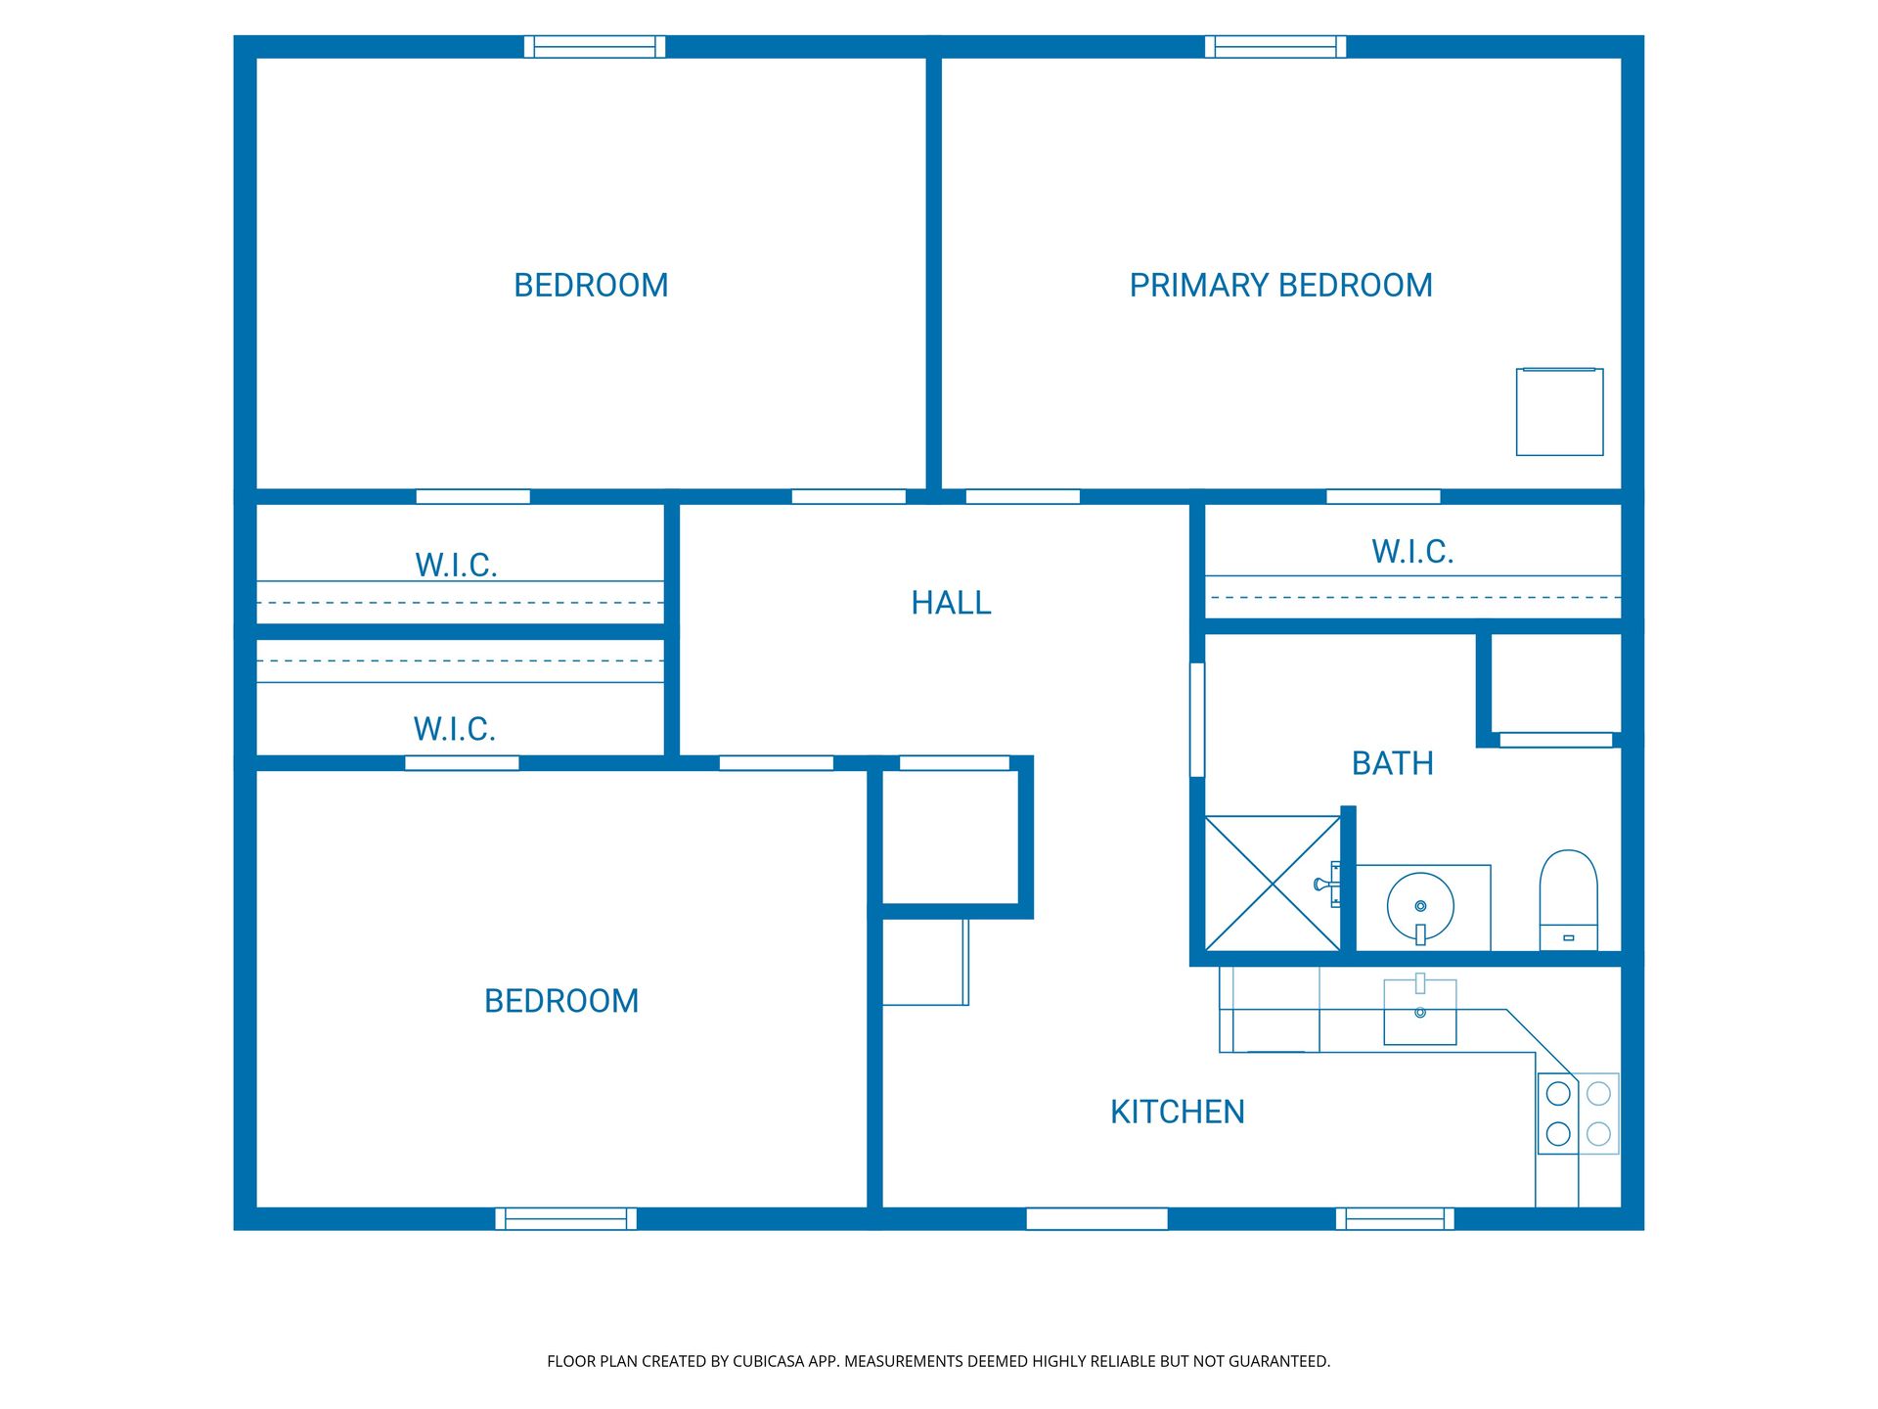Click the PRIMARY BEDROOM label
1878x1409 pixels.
[x=1280, y=285]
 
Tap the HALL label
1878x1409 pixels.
[x=951, y=603]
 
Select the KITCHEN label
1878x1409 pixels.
[x=1177, y=1112]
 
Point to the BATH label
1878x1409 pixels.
[x=1392, y=763]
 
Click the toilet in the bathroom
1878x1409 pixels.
[x=1568, y=898]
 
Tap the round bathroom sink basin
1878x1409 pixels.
[x=1420, y=906]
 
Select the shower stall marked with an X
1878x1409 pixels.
[x=1273, y=884]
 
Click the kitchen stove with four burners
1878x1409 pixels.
[x=1578, y=1114]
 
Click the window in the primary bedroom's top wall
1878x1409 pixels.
[x=1274, y=46]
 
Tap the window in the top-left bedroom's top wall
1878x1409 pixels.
[x=594, y=46]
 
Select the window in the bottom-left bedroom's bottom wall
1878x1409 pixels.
[x=565, y=1218]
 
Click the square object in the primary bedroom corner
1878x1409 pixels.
[x=1559, y=412]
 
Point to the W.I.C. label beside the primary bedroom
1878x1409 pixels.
[x=1411, y=552]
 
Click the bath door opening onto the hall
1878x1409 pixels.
[x=1196, y=719]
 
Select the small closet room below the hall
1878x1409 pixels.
[x=951, y=838]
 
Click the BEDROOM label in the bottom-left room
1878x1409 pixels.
[x=561, y=1001]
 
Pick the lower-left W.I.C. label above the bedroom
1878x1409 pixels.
[x=455, y=729]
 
